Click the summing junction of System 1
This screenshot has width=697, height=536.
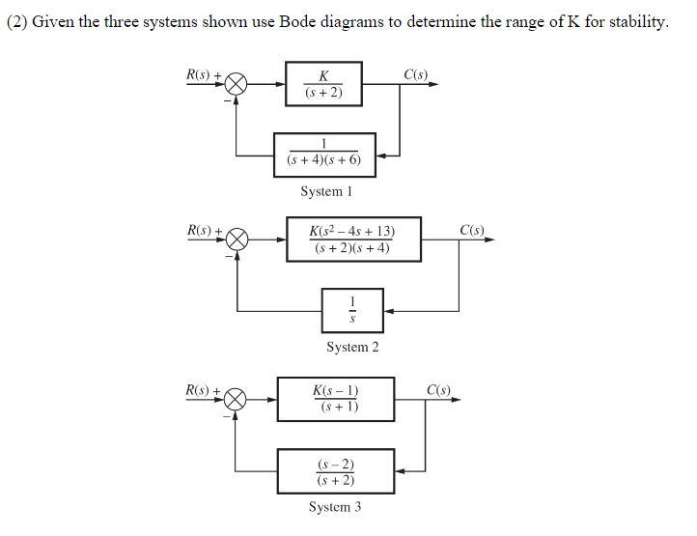(237, 85)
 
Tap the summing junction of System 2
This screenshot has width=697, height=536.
(237, 240)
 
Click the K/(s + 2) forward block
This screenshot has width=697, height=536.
(323, 84)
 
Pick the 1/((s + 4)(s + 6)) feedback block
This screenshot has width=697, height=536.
(324, 155)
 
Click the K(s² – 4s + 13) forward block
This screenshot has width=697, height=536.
(352, 240)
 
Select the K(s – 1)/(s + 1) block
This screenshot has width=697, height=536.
(336, 399)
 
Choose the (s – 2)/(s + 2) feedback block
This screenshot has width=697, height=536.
(336, 470)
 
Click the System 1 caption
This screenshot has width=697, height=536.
(326, 191)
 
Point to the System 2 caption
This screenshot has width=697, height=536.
(352, 348)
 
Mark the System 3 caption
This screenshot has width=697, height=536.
(335, 507)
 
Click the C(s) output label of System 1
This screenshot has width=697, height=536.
(418, 74)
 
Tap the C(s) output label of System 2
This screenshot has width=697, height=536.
(473, 230)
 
